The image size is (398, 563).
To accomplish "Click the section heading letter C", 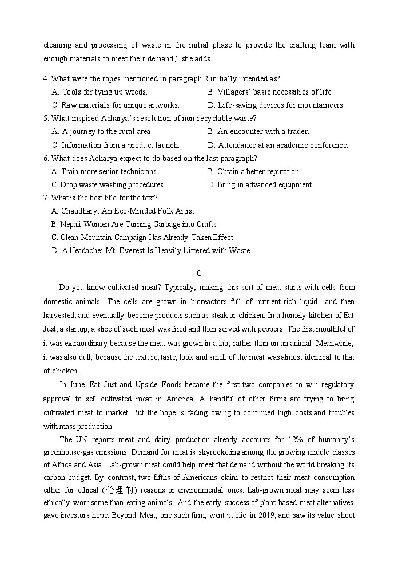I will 198,274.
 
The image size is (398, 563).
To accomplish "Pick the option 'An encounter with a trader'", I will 258,131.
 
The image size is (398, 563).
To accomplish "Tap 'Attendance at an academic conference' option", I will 278,145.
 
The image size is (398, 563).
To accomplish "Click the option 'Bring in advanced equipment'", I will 260,184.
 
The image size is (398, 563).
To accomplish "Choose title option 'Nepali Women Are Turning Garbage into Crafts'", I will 133,224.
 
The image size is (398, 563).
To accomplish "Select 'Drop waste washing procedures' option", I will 108,184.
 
